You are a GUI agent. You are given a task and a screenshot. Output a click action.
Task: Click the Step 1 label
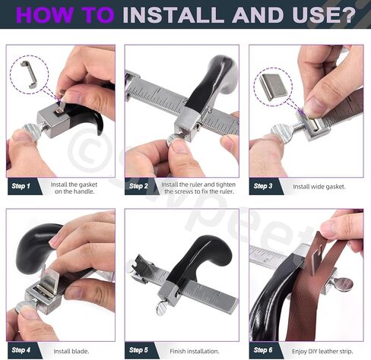pyautogui.click(x=21, y=186)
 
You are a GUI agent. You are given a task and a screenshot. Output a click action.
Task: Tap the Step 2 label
pyautogui.click(x=138, y=186)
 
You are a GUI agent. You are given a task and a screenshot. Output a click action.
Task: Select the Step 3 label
pyautogui.click(x=263, y=186)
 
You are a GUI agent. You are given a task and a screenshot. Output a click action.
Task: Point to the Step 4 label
pyautogui.click(x=21, y=350)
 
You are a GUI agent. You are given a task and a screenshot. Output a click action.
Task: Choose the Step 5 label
pyautogui.click(x=138, y=350)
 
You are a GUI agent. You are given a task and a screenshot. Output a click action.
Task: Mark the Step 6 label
pyautogui.click(x=263, y=350)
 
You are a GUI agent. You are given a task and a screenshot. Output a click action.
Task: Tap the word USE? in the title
pyautogui.click(x=324, y=14)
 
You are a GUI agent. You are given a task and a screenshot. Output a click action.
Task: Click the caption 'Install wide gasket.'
pyautogui.click(x=319, y=187)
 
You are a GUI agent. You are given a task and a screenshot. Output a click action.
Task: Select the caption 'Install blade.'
pyautogui.click(x=71, y=352)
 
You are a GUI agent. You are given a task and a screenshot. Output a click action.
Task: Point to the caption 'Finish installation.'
pyautogui.click(x=195, y=352)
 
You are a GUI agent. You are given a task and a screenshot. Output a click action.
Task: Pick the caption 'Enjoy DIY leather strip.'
pyautogui.click(x=322, y=352)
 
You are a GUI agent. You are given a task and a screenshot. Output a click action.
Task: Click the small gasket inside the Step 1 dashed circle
pyautogui.click(x=30, y=74)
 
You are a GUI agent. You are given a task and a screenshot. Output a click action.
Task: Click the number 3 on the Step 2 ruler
pyautogui.click(x=210, y=111)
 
